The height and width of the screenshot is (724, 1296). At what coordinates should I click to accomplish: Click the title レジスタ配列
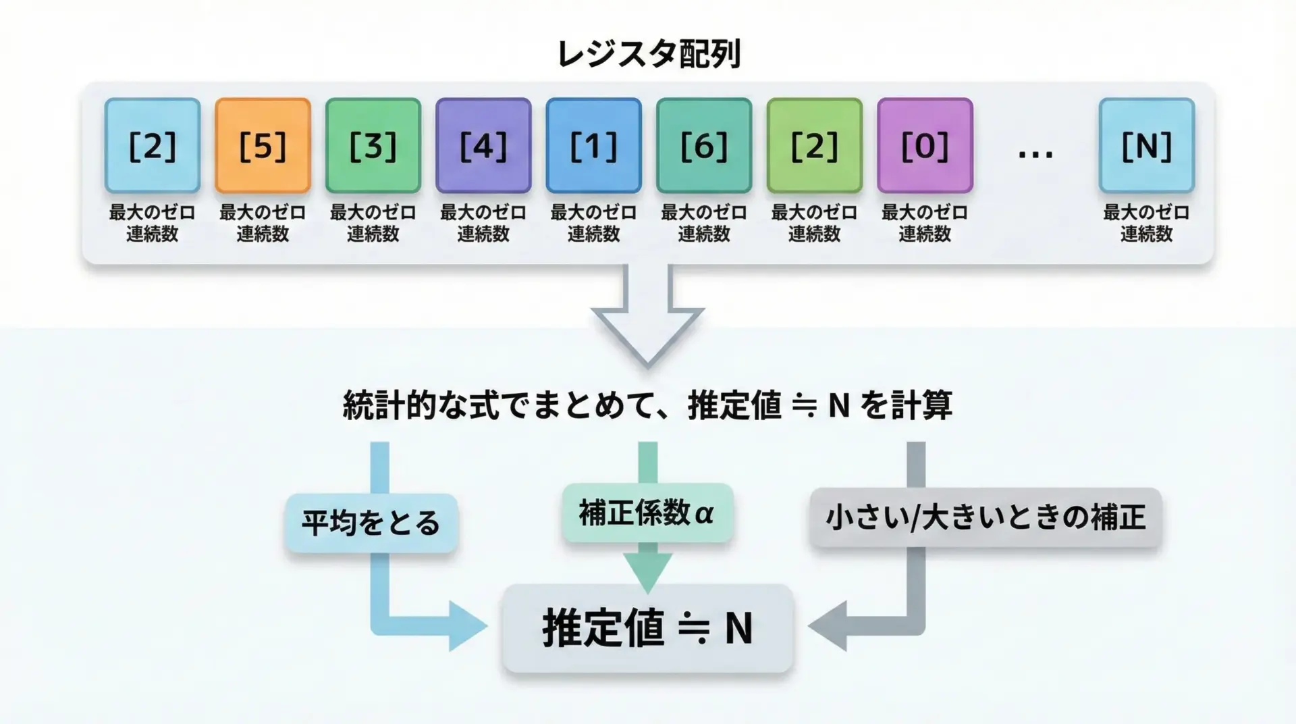click(x=648, y=54)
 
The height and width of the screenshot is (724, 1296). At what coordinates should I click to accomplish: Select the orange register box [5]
click(x=263, y=146)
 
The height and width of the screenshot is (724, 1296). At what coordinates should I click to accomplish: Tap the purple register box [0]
click(x=925, y=146)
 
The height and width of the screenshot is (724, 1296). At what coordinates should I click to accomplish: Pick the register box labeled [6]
click(x=704, y=146)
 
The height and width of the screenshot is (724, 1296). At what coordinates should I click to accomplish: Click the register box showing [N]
click(x=1146, y=146)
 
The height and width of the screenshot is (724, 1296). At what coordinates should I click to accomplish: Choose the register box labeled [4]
click(x=483, y=146)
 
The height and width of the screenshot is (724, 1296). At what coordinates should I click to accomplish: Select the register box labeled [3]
click(x=373, y=146)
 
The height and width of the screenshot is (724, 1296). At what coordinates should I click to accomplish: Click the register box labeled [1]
click(x=593, y=146)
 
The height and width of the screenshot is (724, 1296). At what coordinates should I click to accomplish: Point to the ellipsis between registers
click(x=1035, y=155)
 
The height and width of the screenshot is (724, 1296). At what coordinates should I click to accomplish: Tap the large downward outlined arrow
click(x=648, y=317)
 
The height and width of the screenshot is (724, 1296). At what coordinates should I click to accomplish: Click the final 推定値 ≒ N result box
click(x=647, y=628)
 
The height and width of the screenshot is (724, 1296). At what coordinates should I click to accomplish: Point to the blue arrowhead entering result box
click(x=467, y=626)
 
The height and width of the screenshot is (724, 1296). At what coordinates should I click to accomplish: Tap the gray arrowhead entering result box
click(x=828, y=626)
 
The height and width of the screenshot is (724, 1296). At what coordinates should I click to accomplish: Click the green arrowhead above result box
click(x=647, y=569)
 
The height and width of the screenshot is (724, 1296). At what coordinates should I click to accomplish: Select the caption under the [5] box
click(x=263, y=223)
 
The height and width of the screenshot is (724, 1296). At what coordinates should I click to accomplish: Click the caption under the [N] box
click(x=1146, y=223)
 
